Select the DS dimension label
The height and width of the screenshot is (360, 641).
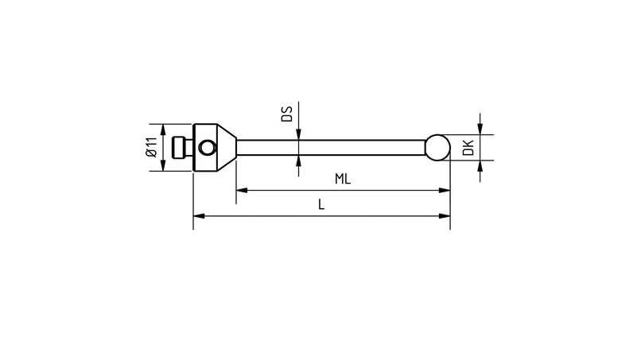coord(287,113)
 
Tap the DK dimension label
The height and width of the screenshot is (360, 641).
coord(468,147)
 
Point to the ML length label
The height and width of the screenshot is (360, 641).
coord(343,180)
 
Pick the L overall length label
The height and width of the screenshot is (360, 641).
coord(321,204)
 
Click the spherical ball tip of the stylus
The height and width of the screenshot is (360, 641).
coord(437,147)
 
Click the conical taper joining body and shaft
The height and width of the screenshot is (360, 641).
coord(228,147)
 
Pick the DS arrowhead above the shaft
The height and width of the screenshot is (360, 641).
coord(299,136)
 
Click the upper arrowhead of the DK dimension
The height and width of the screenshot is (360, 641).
coord(480,130)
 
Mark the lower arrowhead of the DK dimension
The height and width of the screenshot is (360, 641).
coord(480,165)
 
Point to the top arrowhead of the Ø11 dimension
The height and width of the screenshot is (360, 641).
coord(164,129)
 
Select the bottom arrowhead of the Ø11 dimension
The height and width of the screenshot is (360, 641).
coord(164,165)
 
